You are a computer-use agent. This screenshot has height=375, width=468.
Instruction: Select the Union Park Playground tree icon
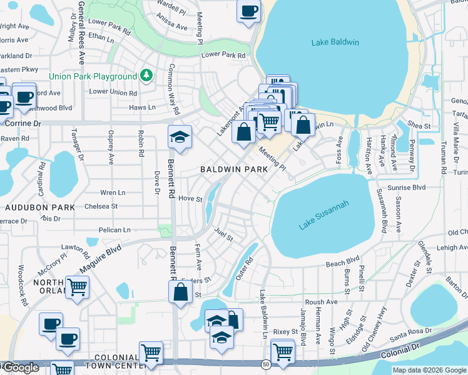(146, 76)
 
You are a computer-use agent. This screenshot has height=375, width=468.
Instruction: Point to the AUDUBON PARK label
(40, 207)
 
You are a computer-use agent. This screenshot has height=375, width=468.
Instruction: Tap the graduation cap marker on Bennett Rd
(180, 137)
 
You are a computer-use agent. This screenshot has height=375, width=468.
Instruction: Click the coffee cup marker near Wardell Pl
(248, 11)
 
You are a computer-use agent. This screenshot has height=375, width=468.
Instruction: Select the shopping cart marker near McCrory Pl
(78, 287)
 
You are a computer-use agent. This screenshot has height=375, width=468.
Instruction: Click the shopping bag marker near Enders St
(180, 292)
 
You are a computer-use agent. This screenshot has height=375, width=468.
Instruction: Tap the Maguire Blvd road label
(100, 258)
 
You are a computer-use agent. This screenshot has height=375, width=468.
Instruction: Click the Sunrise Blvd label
(409, 187)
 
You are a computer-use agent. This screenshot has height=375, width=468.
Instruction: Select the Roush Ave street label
(322, 301)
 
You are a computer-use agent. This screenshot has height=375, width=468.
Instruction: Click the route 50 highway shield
(266, 364)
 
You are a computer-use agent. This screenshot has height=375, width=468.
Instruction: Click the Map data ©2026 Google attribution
(429, 370)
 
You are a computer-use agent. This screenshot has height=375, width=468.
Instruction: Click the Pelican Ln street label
(113, 230)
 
